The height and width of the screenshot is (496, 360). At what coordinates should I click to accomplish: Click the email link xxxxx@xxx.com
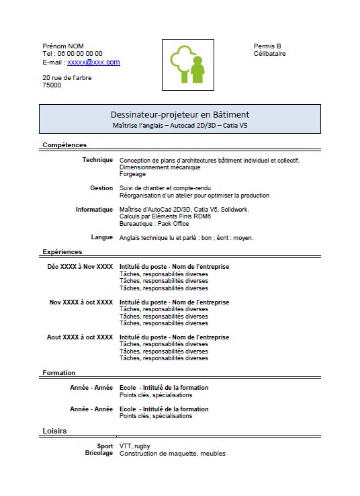pyautogui.click(x=93, y=62)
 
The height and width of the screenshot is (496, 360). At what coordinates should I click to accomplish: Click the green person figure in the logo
pyautogui.click(x=197, y=70)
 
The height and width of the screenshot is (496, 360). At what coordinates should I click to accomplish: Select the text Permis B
pyautogui.click(x=267, y=46)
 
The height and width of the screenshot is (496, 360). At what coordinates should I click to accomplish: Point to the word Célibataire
pyautogui.click(x=269, y=54)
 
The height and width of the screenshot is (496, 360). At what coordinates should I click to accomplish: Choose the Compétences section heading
pyautogui.click(x=64, y=144)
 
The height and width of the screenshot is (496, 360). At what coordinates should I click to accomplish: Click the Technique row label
pyautogui.click(x=97, y=160)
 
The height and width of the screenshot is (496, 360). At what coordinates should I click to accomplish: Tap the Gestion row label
pyautogui.click(x=101, y=188)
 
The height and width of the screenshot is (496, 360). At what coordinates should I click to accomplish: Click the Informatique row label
pyautogui.click(x=94, y=210)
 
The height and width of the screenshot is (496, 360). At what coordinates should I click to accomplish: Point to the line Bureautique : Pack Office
pyautogui.click(x=154, y=224)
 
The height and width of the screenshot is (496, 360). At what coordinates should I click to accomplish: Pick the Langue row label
pyautogui.click(x=102, y=237)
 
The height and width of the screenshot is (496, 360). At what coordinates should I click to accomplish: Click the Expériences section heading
pyautogui.click(x=62, y=251)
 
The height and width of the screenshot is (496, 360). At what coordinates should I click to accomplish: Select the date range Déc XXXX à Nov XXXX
pyautogui.click(x=80, y=267)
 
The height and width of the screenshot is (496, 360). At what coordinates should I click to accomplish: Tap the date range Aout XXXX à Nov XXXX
pyautogui.click(x=80, y=337)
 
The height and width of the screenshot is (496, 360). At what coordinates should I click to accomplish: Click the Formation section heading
pyautogui.click(x=59, y=372)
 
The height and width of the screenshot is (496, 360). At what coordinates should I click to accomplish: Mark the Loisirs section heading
pyautogui.click(x=54, y=430)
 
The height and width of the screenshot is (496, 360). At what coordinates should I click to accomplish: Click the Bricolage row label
pyautogui.click(x=99, y=454)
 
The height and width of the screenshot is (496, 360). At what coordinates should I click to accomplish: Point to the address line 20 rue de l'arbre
pyautogui.click(x=67, y=77)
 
